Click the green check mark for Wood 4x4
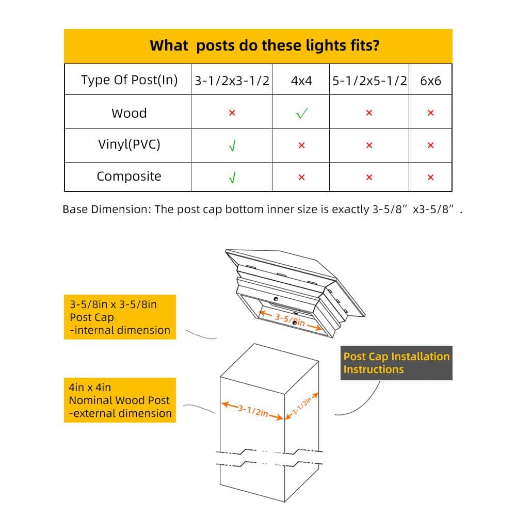click(301, 113)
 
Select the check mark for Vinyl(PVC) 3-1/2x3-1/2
click(232, 146)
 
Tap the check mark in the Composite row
click(232, 178)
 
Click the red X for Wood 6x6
click(430, 113)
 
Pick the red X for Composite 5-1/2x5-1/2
click(369, 178)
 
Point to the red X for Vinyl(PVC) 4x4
click(301, 145)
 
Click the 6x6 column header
click(430, 80)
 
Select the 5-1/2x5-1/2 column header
click(369, 80)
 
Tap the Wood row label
click(129, 113)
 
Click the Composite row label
click(129, 176)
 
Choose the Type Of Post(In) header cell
click(130, 80)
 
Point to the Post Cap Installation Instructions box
click(396, 363)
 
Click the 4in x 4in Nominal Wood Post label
click(120, 400)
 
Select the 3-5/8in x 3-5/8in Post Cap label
click(120, 317)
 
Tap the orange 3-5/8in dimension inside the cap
click(290, 320)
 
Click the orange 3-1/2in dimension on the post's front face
click(252, 411)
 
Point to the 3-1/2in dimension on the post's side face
click(302, 406)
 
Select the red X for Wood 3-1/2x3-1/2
click(232, 113)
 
